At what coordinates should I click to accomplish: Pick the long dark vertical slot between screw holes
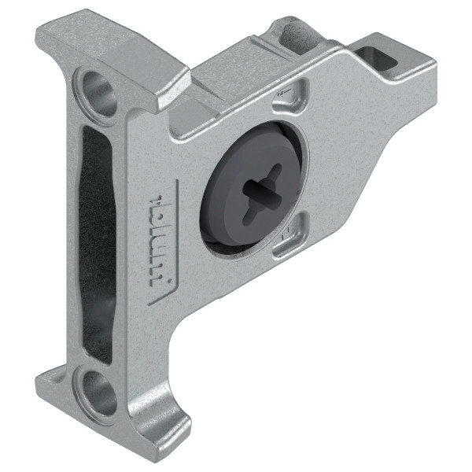pyautogui.click(x=95, y=236)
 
